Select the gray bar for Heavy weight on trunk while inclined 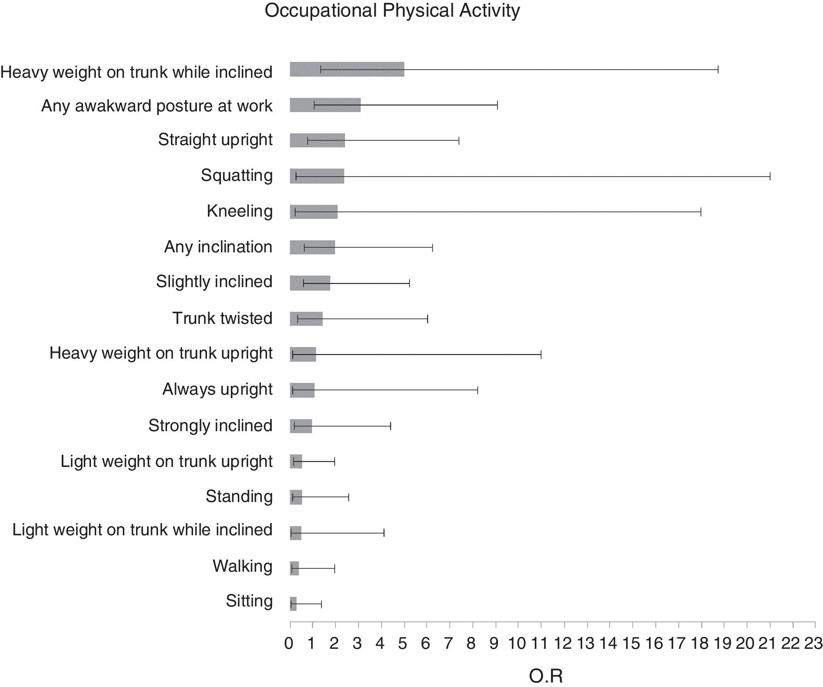347,69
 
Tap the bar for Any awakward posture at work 325,105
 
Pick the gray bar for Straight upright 317,140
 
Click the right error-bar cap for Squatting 770,176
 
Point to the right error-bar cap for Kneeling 701,212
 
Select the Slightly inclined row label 214,282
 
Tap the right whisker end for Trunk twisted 427,319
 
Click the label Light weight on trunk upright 166,461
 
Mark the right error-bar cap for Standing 349,497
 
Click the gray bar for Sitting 293,604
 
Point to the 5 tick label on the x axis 403,644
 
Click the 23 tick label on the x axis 813,644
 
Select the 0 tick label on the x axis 289,644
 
